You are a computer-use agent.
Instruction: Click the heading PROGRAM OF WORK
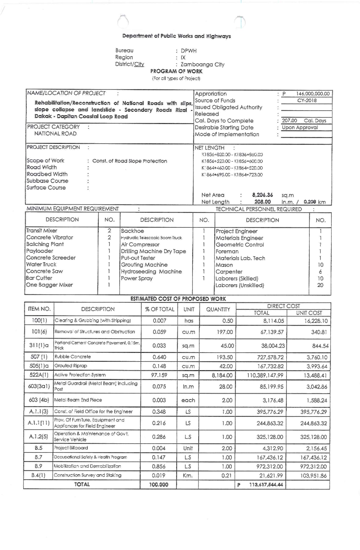pyautogui.click(x=176, y=71)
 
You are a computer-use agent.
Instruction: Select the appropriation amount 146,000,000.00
pyautogui.click(x=313, y=94)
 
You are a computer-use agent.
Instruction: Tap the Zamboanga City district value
pyautogui.click(x=202, y=64)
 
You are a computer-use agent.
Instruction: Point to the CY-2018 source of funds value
pyautogui.click(x=307, y=100)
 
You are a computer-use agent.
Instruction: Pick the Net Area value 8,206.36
pyautogui.click(x=262, y=195)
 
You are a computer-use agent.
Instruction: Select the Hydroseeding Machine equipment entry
pyautogui.click(x=151, y=272)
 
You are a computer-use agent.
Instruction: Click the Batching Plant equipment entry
pyautogui.click(x=45, y=244)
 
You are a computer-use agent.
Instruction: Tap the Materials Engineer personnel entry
pyautogui.click(x=239, y=238)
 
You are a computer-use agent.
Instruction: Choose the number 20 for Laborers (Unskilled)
pyautogui.click(x=320, y=285)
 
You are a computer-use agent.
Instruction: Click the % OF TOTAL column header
pyautogui.click(x=159, y=309)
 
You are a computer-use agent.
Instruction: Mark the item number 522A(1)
pyautogui.click(x=39, y=375)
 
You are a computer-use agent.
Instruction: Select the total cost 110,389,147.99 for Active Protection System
pyautogui.click(x=265, y=375)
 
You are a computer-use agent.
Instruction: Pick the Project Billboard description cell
pyautogui.click(x=71, y=448)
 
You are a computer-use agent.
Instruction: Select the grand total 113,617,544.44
pyautogui.click(x=266, y=485)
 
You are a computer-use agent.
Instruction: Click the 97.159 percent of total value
pyautogui.click(x=159, y=375)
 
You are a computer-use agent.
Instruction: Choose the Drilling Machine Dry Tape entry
pyautogui.click(x=153, y=251)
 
